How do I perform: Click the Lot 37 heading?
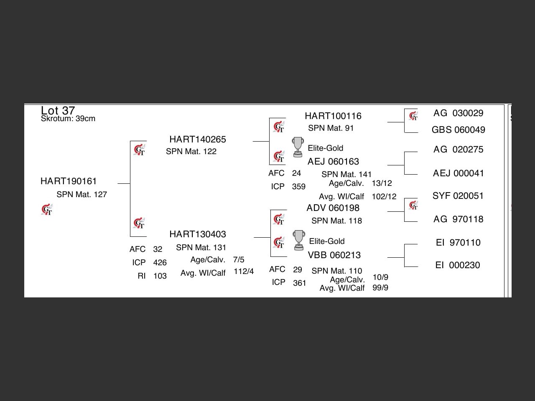click(58, 110)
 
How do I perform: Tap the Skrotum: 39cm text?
click(68, 119)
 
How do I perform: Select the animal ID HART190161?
click(69, 181)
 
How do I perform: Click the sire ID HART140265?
click(197, 140)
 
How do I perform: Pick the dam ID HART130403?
click(197, 234)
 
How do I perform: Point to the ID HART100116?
click(333, 116)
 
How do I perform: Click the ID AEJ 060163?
click(333, 162)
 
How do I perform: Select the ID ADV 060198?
click(333, 208)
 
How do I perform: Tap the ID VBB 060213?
click(334, 255)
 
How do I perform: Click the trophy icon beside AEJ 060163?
click(298, 147)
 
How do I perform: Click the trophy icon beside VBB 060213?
click(298, 240)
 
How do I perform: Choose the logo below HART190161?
click(47, 210)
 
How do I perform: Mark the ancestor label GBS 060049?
click(458, 130)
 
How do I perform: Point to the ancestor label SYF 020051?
click(458, 196)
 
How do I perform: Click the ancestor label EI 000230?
click(458, 265)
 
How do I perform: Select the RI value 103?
click(160, 276)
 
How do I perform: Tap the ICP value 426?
click(160, 263)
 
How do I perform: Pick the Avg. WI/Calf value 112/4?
click(244, 272)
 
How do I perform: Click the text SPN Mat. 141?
click(346, 175)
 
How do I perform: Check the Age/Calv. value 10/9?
click(380, 277)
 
